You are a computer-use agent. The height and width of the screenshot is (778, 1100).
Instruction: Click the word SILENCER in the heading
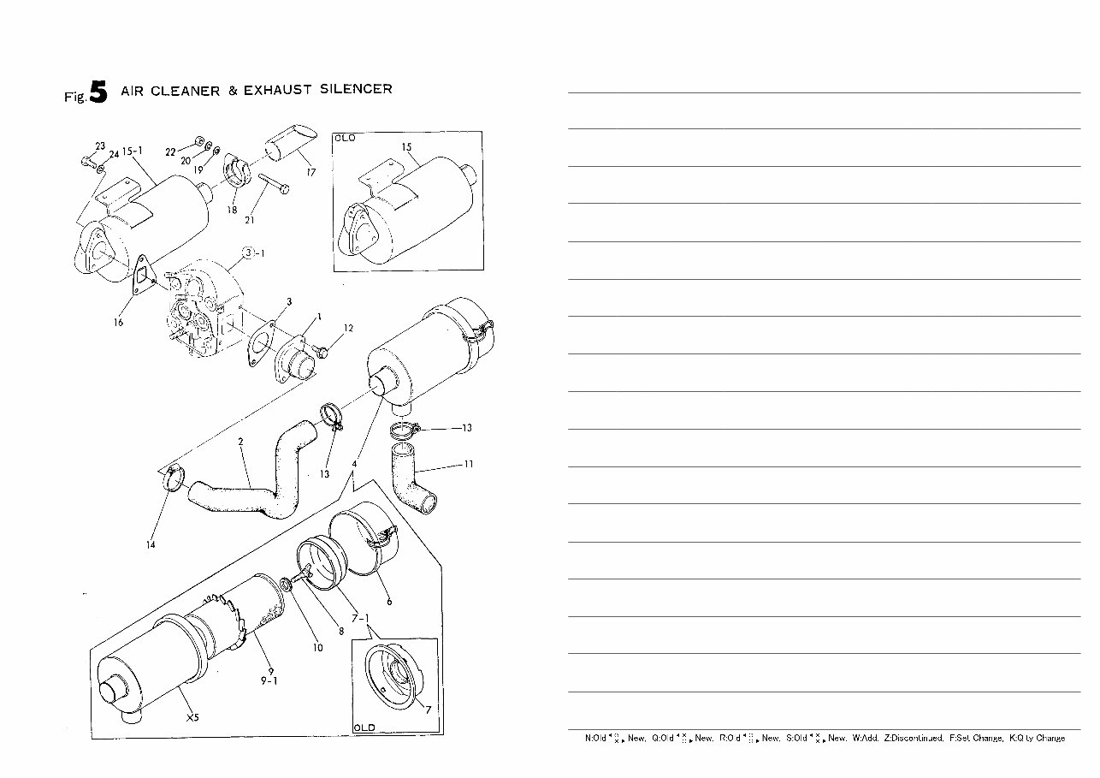[x=356, y=89]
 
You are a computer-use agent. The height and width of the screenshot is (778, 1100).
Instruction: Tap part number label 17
[x=310, y=172]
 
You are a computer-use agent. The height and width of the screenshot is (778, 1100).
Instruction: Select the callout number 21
[x=250, y=220]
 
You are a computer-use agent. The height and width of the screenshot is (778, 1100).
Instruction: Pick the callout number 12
[x=348, y=329]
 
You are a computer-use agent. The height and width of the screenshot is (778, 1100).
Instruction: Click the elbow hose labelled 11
[x=412, y=481]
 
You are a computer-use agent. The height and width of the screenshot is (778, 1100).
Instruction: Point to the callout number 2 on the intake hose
[x=241, y=442]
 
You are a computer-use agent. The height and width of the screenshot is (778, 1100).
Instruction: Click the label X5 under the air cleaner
[x=192, y=717]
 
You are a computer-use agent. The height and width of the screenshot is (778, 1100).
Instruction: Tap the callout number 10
[x=317, y=647]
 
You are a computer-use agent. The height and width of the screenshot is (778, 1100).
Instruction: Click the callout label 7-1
[x=359, y=617]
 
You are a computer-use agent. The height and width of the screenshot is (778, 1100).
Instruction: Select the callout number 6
[x=389, y=602]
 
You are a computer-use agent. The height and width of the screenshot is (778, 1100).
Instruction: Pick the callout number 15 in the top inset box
[x=407, y=147]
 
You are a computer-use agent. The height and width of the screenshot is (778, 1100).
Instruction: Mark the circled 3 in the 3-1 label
[x=248, y=252]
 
